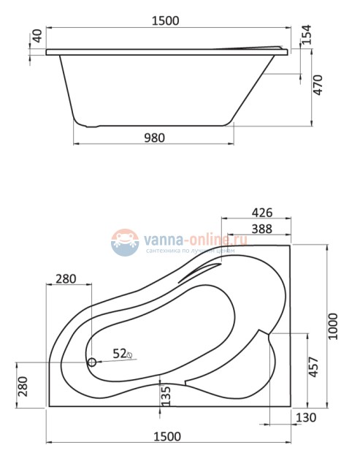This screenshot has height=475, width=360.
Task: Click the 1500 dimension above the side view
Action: click(x=166, y=21)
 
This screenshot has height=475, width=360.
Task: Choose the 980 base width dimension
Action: click(x=154, y=136)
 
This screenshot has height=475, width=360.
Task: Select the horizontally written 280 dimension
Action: click(x=66, y=279)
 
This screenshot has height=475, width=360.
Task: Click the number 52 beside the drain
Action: click(x=120, y=353)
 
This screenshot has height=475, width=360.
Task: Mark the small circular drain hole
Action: click(x=92, y=362)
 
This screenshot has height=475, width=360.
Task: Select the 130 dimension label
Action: click(x=307, y=418)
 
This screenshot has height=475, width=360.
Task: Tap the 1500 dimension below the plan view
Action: click(x=167, y=436)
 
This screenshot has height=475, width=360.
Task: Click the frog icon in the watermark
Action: click(x=125, y=242)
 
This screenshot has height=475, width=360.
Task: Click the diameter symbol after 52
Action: click(x=131, y=354)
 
